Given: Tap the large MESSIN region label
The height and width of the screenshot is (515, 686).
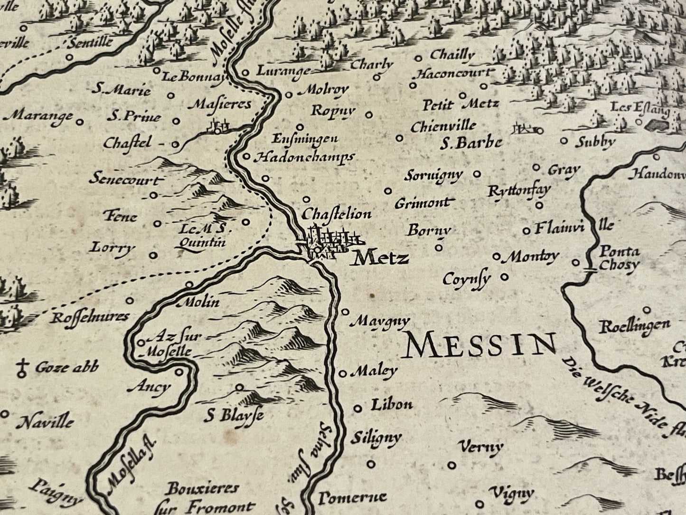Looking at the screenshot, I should tap(480, 345).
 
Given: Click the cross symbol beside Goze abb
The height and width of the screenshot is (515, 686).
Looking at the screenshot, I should tap(21, 368).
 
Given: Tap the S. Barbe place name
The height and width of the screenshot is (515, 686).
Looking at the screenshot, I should tap(470, 143).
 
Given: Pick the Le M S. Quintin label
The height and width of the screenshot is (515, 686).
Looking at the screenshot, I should tap(200, 236).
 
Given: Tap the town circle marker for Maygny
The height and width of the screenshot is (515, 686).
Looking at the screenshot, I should tap(346, 312).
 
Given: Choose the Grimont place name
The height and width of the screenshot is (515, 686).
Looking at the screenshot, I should tap(422, 203).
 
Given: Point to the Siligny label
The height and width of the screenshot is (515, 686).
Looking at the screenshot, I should tap(376, 438).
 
